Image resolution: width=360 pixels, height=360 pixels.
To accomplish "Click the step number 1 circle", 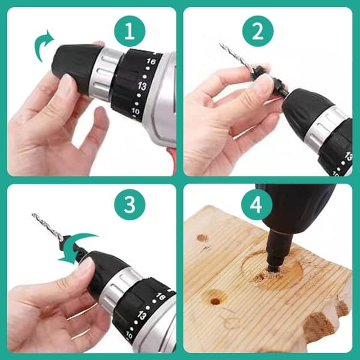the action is (130, 31).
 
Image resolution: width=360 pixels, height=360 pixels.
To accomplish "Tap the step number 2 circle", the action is (258, 31).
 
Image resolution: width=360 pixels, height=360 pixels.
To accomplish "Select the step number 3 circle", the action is (130, 205).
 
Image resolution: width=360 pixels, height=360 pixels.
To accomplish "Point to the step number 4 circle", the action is (257, 205).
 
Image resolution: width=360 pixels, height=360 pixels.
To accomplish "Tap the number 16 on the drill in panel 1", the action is (151, 62).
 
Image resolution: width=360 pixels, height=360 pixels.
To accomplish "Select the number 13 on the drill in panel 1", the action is (142, 86).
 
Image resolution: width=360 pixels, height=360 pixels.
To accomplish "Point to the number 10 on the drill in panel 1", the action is (135, 111).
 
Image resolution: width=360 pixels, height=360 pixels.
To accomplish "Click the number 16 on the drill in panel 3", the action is (160, 296).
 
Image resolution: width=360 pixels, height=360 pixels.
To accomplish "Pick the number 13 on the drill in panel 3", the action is (142, 315).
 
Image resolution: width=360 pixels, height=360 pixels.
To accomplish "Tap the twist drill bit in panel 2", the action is (235, 56).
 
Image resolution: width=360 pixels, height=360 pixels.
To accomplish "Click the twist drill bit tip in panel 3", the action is (32, 214).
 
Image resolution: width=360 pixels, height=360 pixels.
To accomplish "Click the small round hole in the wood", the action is (215, 301).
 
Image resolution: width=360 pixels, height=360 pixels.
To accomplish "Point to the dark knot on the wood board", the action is (202, 238).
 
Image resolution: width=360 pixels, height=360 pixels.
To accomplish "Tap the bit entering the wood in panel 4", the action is (275, 253).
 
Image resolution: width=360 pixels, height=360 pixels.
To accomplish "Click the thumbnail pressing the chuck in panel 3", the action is (86, 263).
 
